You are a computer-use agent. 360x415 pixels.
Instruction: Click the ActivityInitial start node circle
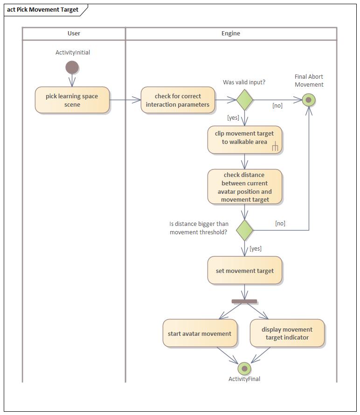click(x=72, y=68)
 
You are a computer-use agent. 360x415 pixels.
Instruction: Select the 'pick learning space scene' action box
click(x=72, y=100)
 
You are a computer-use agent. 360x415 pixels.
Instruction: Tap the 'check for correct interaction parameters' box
click(x=178, y=100)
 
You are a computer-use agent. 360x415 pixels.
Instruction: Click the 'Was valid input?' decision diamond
click(x=244, y=100)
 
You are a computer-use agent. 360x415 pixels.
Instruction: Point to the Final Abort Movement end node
click(x=309, y=100)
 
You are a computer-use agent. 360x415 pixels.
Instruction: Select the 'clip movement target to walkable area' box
click(x=244, y=139)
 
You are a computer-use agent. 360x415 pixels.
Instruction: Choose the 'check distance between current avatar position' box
click(x=244, y=187)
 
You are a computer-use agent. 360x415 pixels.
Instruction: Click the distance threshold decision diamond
click(x=244, y=230)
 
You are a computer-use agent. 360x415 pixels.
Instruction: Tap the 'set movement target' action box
click(x=244, y=271)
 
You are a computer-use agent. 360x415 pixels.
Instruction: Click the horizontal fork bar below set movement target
click(x=244, y=301)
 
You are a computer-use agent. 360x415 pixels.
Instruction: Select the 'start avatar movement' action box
click(x=200, y=333)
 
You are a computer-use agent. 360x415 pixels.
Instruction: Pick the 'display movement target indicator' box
click(x=287, y=333)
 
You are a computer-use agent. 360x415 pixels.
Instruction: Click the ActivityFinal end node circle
click(x=244, y=368)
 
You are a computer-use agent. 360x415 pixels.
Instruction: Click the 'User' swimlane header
click(x=74, y=34)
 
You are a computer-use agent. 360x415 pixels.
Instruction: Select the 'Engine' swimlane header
click(x=231, y=34)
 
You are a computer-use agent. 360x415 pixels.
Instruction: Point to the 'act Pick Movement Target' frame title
click(x=43, y=10)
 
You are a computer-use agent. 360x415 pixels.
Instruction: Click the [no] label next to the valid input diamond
click(x=277, y=106)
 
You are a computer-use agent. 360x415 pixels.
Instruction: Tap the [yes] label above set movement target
click(x=256, y=249)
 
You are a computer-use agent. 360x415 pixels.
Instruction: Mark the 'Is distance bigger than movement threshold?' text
click(x=199, y=228)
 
